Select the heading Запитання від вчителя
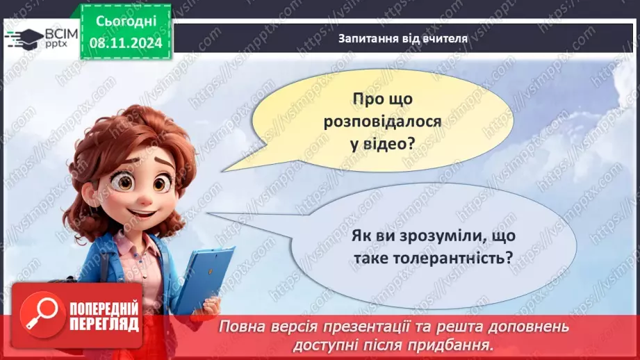(403, 39)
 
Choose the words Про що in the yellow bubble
(382, 99)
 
